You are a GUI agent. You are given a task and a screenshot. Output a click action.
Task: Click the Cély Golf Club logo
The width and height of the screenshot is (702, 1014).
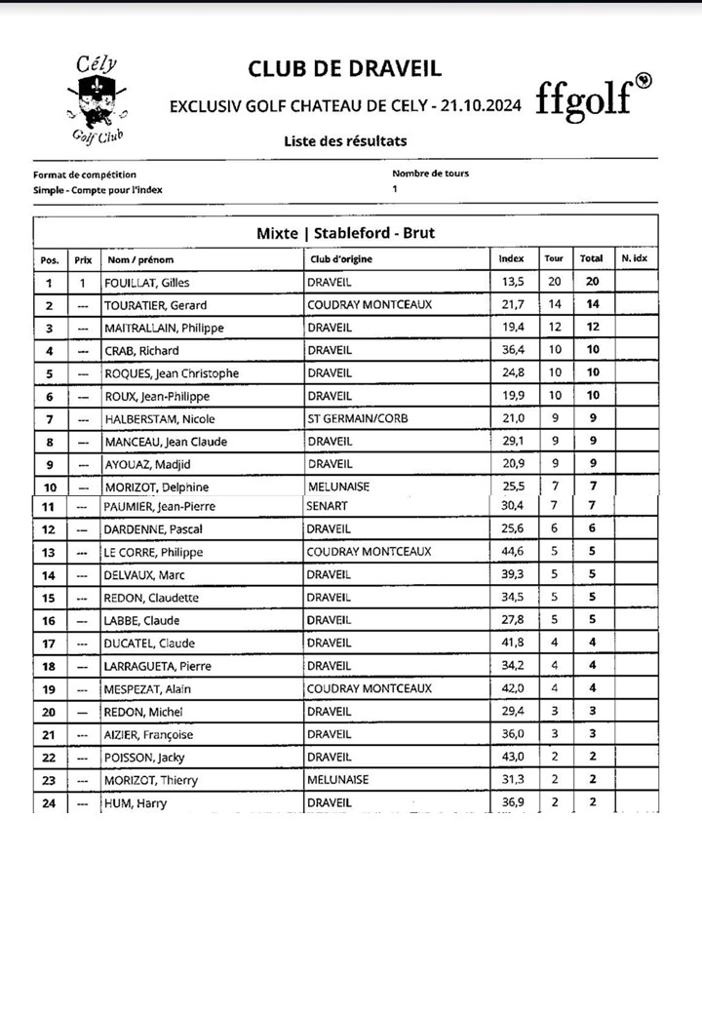coord(97,100)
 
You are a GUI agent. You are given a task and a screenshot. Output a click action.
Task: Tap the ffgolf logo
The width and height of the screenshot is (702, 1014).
coord(593,98)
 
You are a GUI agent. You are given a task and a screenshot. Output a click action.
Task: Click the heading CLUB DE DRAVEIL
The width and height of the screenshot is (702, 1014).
coord(344,68)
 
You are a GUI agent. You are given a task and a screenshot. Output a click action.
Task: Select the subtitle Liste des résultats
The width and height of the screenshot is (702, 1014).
coord(345,141)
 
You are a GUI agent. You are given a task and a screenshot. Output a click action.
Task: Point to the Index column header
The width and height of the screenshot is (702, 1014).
coord(511,259)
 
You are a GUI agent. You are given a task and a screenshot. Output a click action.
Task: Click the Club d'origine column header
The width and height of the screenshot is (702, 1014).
coord(340,260)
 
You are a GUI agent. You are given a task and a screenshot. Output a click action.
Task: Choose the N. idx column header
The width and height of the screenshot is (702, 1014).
coord(634,259)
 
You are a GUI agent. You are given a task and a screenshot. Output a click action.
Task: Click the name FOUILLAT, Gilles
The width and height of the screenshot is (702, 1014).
coord(147,283)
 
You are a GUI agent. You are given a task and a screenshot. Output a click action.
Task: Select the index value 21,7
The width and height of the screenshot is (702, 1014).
coord(512,305)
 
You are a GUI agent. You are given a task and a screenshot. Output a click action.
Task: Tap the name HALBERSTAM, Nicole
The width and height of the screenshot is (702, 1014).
coord(160,419)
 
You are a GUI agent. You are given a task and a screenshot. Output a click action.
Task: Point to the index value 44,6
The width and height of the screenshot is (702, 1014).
coord(512,552)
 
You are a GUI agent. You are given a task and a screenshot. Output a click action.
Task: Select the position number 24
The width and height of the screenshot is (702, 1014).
coord(50,804)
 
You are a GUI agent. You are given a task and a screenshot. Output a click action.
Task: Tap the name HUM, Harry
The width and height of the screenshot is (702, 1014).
coord(136,804)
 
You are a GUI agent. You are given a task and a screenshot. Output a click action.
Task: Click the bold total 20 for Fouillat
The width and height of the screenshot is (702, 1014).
coord(592,282)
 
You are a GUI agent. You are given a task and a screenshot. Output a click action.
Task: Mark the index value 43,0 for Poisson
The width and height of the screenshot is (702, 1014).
coord(512,758)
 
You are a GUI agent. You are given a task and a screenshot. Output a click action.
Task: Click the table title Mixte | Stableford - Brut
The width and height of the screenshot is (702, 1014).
coord(345,233)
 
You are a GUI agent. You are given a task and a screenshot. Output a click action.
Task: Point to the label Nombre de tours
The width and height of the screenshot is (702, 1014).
coord(430,174)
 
